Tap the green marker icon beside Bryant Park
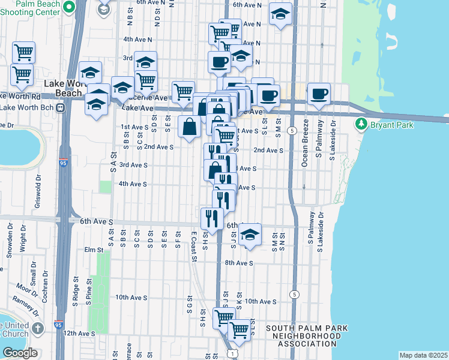coord(361,125)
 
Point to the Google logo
coord(19,353)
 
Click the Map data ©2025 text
coord(423,355)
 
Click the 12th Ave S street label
coord(79,333)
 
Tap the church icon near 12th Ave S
coord(37,328)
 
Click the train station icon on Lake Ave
coord(60,107)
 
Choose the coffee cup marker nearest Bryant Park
coord(319,94)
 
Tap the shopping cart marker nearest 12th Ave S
coord(239,329)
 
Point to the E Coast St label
coord(194,247)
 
